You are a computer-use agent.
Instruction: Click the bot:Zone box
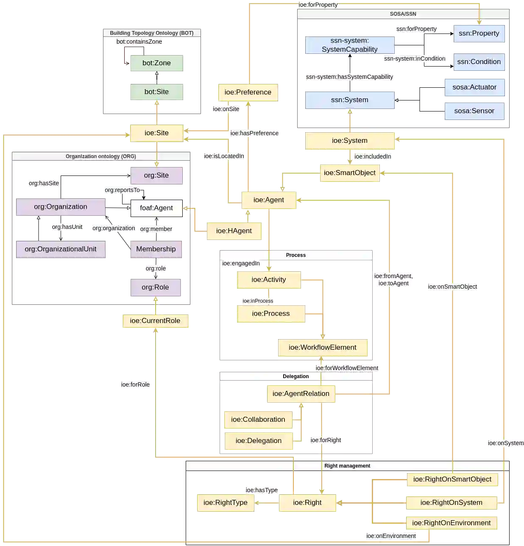pyautogui.click(x=156, y=63)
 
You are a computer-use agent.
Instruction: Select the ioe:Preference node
pyautogui.click(x=248, y=92)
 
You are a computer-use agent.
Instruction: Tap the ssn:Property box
pyautogui.click(x=479, y=33)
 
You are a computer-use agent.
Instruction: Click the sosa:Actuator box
pyautogui.click(x=474, y=87)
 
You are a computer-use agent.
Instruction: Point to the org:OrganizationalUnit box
pyautogui.click(x=61, y=249)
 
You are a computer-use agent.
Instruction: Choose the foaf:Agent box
pyautogui.click(x=156, y=208)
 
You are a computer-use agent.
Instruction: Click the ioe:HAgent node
pyautogui.click(x=234, y=231)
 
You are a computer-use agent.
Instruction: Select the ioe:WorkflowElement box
pyautogui.click(x=322, y=348)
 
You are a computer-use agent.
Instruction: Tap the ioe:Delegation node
pyautogui.click(x=258, y=441)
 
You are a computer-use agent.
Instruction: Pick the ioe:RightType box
pyautogui.click(x=225, y=503)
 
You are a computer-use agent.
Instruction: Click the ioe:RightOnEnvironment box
pyautogui.click(x=451, y=523)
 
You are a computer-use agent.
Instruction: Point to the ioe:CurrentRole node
pyautogui.click(x=155, y=321)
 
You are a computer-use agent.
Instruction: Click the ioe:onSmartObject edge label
pyautogui.click(x=452, y=287)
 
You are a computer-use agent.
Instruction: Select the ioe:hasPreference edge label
pyautogui.click(x=254, y=134)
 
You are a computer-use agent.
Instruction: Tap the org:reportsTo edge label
pyautogui.click(x=122, y=190)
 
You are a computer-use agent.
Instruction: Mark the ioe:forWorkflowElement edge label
pyautogui.click(x=347, y=368)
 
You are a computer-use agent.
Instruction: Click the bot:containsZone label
pyautogui.click(x=139, y=42)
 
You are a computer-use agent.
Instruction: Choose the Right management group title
pyautogui.click(x=347, y=466)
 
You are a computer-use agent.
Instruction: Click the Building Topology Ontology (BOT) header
pyautogui.click(x=151, y=33)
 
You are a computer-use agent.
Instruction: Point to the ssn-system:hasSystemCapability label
pyautogui.click(x=349, y=77)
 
